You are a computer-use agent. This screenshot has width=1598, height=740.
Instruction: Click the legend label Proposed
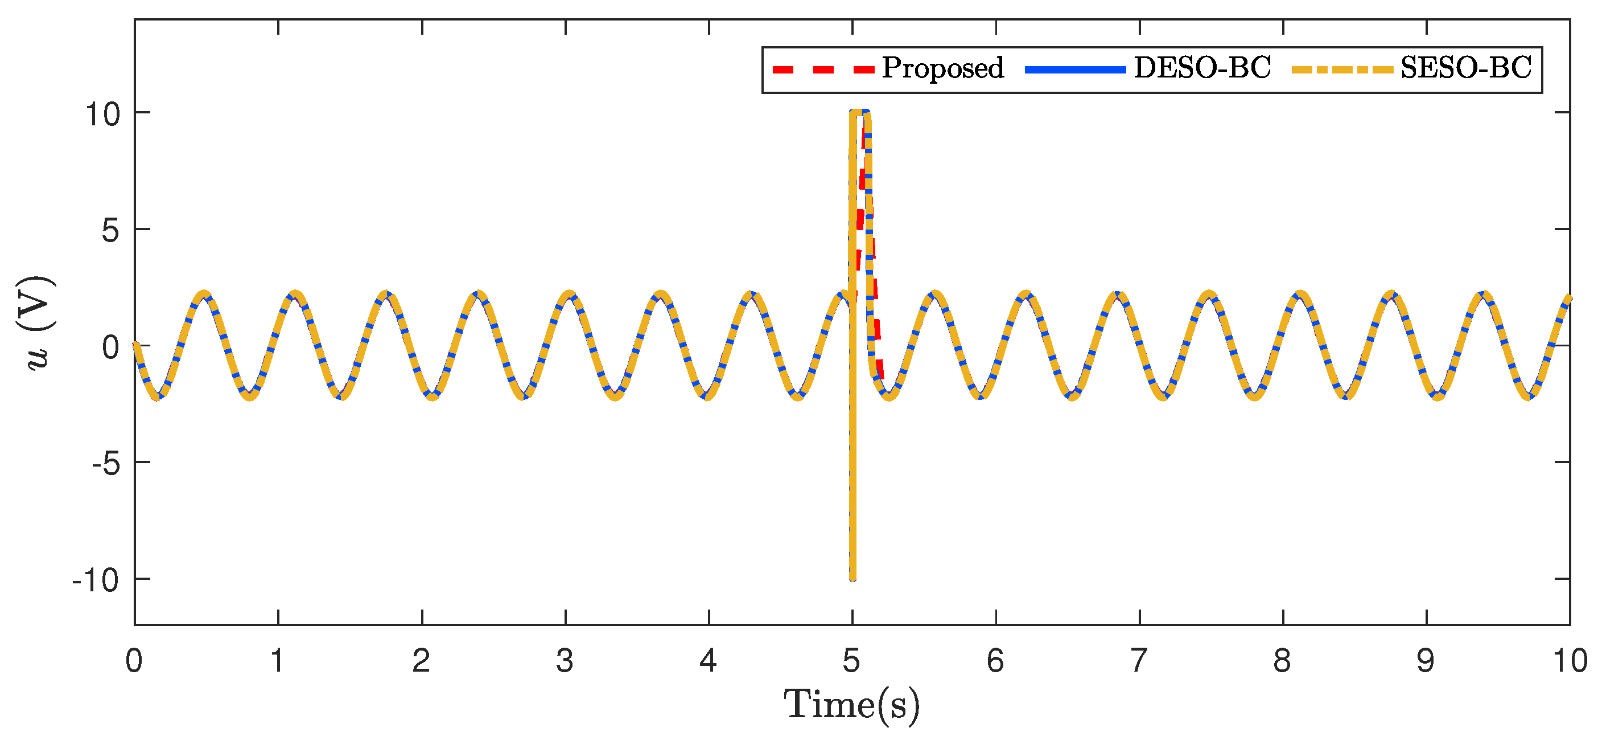tap(942, 68)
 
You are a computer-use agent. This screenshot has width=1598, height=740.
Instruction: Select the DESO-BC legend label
tap(1202, 68)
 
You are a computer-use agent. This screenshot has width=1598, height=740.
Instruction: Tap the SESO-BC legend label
tap(1466, 68)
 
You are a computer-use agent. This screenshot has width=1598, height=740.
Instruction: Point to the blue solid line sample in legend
tap(1075, 69)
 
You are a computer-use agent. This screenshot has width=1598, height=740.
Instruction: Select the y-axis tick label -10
tap(96, 580)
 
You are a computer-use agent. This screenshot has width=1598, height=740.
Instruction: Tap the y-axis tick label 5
tap(110, 231)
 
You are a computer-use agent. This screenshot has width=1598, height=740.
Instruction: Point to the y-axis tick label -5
tap(104, 464)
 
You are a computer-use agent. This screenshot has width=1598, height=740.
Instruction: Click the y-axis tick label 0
tap(110, 347)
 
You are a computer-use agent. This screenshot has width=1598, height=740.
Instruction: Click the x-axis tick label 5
tap(851, 661)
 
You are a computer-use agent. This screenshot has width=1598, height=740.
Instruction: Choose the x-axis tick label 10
tap(1570, 661)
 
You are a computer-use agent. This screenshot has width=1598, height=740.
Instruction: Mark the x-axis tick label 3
tap(565, 661)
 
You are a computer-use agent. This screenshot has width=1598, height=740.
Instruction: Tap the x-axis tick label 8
tap(1282, 661)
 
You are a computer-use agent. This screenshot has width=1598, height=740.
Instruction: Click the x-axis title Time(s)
tap(851, 705)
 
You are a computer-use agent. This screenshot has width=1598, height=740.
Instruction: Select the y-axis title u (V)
tap(39, 323)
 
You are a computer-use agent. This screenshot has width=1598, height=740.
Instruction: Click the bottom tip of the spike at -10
tap(853, 579)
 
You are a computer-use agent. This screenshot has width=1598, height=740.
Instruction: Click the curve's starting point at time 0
tap(135, 345)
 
